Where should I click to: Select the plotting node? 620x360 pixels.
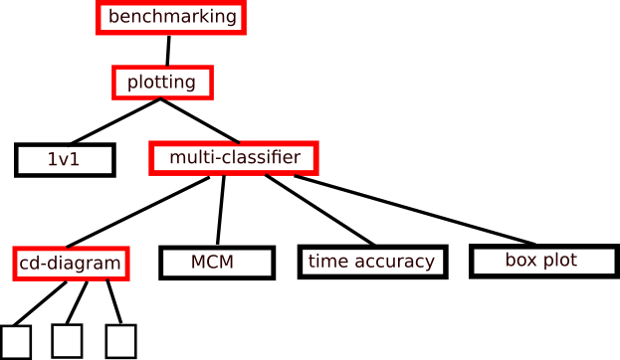161,82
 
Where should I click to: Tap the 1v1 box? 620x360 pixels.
65,159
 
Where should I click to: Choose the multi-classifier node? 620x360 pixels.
233,157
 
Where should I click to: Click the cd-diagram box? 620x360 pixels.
71,264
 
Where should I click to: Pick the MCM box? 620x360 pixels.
216,263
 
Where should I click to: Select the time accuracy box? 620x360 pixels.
371,262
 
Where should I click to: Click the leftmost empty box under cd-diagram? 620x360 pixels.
17,341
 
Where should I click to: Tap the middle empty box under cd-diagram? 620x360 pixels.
67,340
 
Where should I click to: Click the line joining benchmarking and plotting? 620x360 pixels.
168,50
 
